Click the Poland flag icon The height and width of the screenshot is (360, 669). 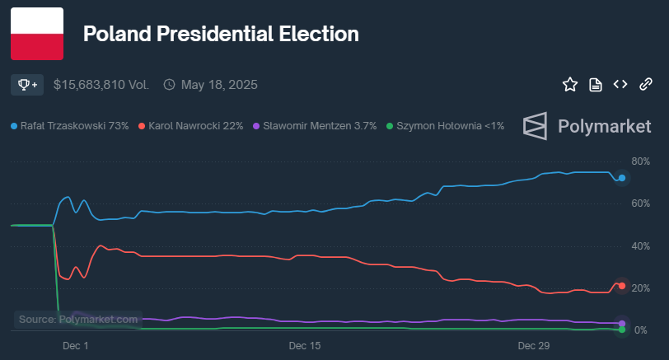[37, 34]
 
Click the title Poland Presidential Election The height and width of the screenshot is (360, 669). [221, 35]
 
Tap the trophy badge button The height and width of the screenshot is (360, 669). [28, 84]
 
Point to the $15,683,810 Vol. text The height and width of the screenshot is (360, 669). [101, 84]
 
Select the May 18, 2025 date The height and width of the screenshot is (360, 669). [219, 84]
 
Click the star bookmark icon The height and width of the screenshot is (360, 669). [569, 84]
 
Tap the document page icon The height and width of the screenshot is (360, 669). [595, 84]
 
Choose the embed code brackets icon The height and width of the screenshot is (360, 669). [620, 84]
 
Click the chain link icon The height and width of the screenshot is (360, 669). [646, 84]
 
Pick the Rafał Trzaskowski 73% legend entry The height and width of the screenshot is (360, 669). [70, 126]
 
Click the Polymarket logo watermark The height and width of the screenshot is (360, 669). [587, 126]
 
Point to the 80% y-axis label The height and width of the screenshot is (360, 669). [640, 161]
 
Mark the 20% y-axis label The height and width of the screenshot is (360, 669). [640, 288]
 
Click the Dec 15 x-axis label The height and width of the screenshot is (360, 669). [304, 347]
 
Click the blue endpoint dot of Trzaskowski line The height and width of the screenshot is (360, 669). [622, 178]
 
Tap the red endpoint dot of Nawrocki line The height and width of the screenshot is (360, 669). [622, 286]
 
